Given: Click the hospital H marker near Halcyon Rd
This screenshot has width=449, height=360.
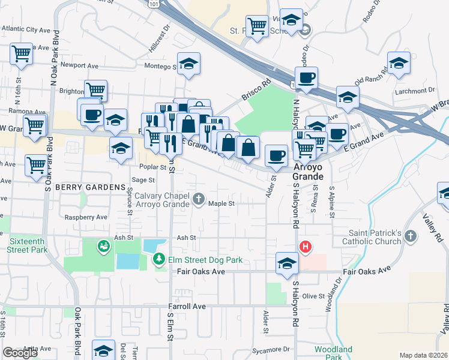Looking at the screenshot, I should (x=306, y=246).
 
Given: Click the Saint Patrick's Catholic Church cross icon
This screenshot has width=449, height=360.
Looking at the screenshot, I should (x=411, y=236).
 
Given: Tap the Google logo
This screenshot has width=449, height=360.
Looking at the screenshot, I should (x=20, y=353).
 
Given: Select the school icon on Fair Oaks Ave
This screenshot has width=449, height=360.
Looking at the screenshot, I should (x=287, y=263).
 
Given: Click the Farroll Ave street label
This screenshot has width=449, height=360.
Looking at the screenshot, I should (x=187, y=306).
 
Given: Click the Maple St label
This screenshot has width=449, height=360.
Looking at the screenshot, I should (x=221, y=203).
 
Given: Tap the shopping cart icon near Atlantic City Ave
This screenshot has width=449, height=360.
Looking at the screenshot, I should (x=22, y=53).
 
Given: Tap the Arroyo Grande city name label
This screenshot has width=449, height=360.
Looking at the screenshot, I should (x=309, y=172).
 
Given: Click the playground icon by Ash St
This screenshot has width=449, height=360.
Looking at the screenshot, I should (x=103, y=245).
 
